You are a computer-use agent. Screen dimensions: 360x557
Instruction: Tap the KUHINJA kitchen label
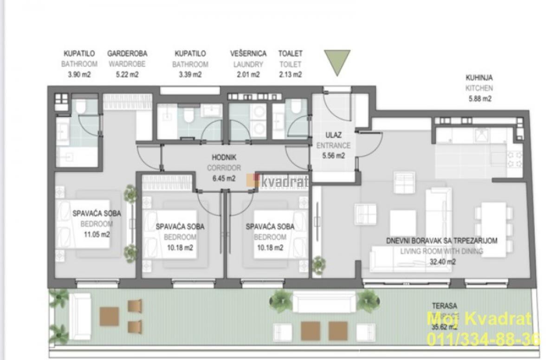pyautogui.click(x=479, y=78)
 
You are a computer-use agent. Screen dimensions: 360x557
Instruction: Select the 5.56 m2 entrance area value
pyautogui.click(x=334, y=156)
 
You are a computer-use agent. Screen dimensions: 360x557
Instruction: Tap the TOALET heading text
pyautogui.click(x=291, y=54)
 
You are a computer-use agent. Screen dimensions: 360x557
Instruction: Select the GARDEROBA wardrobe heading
pyautogui.click(x=127, y=54)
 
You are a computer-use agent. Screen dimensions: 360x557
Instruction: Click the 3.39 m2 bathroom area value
pyautogui.click(x=190, y=74)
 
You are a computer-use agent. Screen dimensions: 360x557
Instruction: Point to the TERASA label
pyautogui.click(x=444, y=306)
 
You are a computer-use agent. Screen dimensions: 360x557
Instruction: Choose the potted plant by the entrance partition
pyautogui.click(x=318, y=265)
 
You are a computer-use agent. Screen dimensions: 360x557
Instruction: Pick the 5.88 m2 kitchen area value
pyautogui.click(x=479, y=98)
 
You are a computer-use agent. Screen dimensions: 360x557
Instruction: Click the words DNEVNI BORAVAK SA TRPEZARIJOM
pyautogui.click(x=441, y=241)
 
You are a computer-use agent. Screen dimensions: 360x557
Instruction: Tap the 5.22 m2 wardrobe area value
pyautogui.click(x=127, y=74)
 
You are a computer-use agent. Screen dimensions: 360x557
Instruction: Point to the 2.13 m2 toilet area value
pyautogui.click(x=291, y=74)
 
